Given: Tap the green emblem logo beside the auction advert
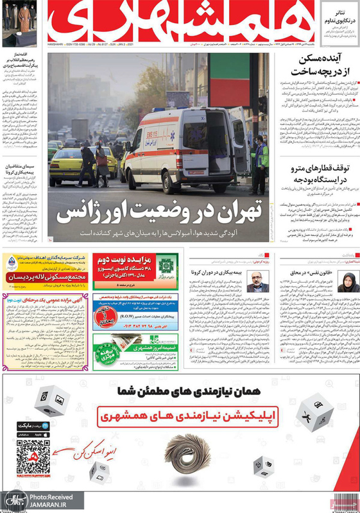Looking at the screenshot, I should [x=169, y=264].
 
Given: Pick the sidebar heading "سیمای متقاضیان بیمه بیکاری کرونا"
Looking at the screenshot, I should [x=22, y=169].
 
